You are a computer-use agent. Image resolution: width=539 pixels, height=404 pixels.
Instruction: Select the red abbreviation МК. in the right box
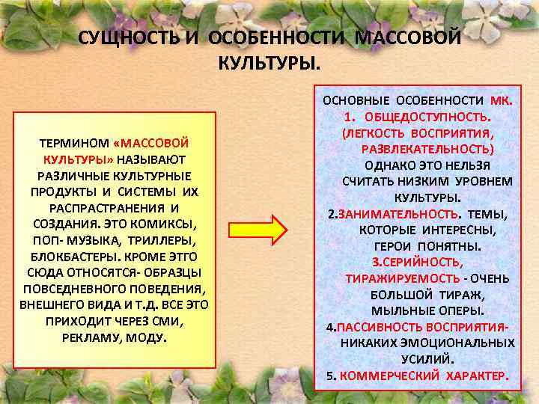pyautogui.click(x=499, y=100)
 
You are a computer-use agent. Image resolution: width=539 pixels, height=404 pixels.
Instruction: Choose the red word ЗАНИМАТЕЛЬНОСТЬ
pyautogui.click(x=388, y=214)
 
